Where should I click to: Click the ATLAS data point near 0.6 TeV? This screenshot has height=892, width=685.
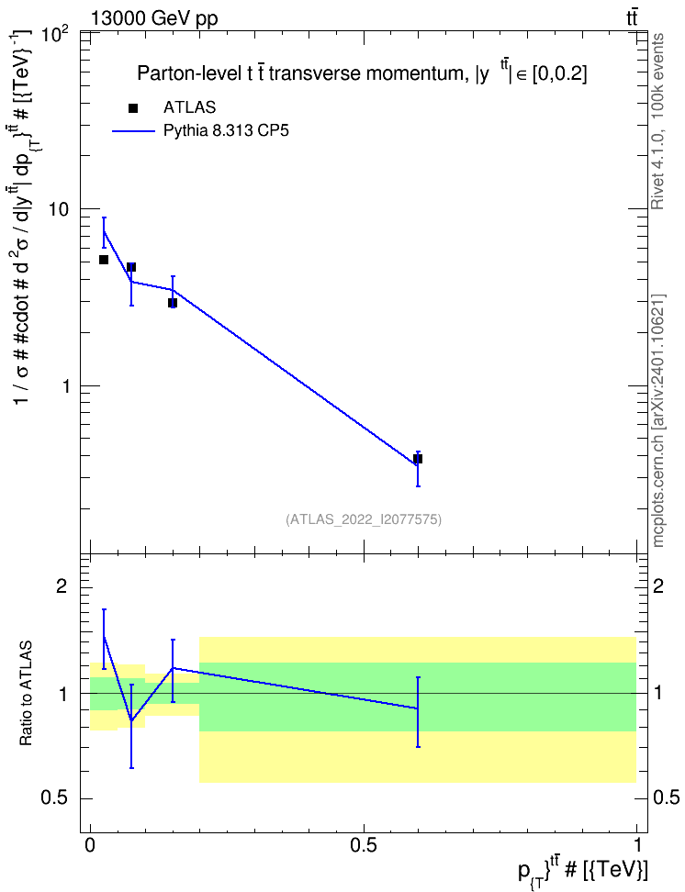pos(418,459)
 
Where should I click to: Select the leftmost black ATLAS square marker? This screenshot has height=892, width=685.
pos(104,260)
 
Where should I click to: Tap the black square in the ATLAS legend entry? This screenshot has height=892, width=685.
pos(133,108)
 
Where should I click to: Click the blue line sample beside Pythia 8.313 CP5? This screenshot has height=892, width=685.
pos(133,131)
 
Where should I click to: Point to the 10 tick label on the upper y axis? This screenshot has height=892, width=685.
pos(58,210)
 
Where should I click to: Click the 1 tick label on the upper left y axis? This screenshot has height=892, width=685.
pos(64,386)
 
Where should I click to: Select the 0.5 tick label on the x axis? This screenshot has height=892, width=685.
pos(364,845)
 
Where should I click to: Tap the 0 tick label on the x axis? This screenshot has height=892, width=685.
pos(90,845)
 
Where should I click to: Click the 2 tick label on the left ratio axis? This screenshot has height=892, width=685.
pos(62,585)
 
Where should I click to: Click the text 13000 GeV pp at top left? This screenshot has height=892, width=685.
pos(154,18)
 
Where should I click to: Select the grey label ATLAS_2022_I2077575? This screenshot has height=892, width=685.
pos(364,518)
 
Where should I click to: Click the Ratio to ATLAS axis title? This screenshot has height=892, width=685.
pos(26,694)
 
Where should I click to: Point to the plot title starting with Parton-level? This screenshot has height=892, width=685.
pos(362,72)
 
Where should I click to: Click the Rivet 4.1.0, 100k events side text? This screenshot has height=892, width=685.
pos(657,121)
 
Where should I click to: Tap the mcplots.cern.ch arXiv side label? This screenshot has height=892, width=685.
pos(658,420)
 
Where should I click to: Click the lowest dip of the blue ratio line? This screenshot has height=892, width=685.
pos(131,720)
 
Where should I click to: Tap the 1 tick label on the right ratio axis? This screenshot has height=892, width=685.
pos(658,693)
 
